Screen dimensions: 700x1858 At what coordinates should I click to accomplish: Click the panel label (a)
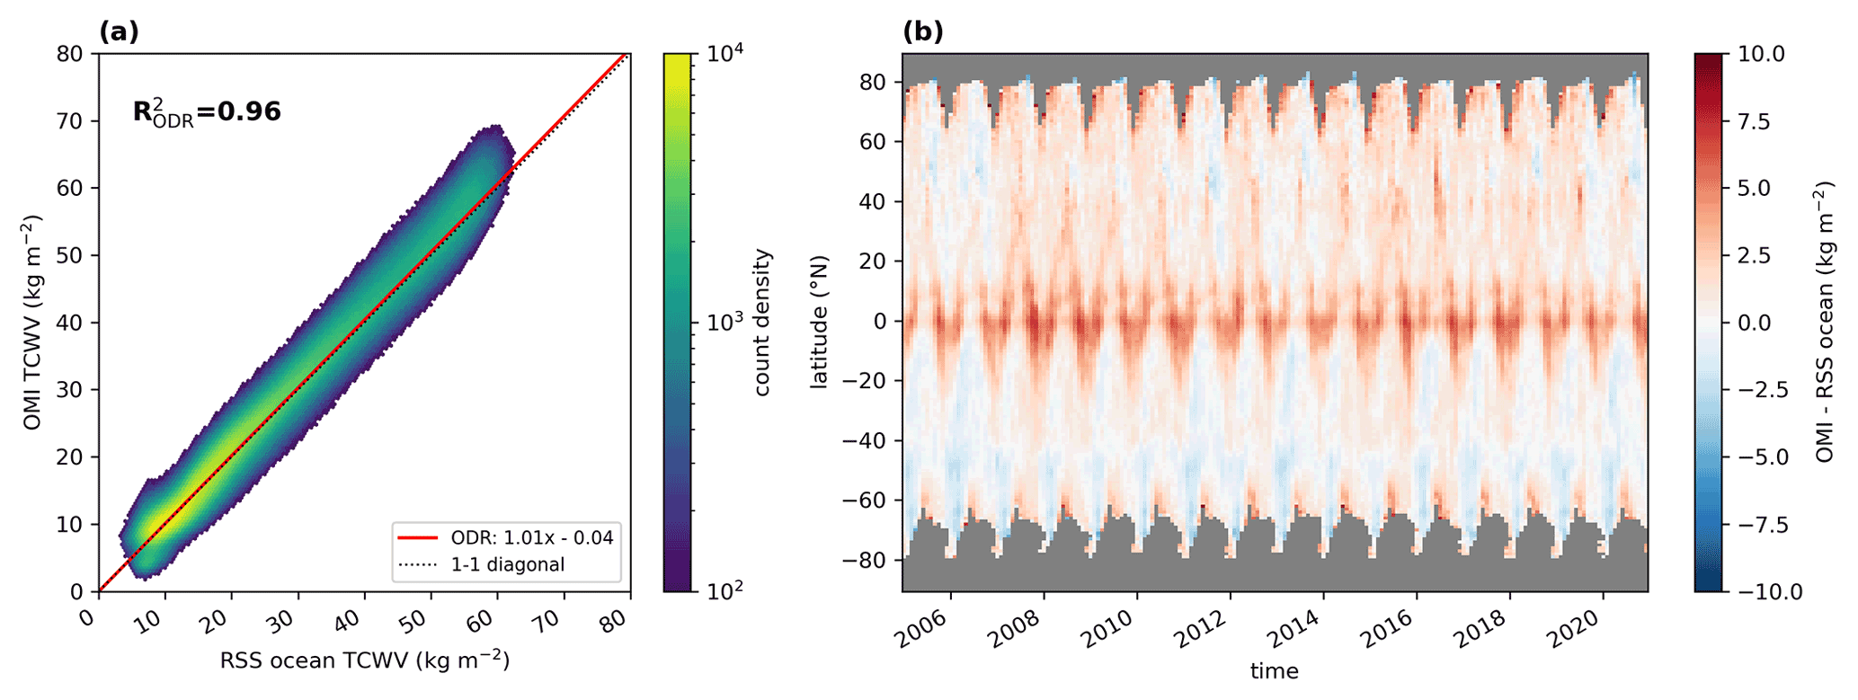point(119,32)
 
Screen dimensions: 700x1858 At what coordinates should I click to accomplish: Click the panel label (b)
point(922,32)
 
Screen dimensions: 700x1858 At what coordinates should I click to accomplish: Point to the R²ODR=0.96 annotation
point(207,112)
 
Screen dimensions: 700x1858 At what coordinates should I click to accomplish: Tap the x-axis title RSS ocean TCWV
point(365,660)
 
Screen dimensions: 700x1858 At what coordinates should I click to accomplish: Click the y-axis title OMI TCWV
point(33,322)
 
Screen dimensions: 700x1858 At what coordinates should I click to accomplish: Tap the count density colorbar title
point(763,322)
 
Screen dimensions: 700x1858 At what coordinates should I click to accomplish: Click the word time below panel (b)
point(1274,670)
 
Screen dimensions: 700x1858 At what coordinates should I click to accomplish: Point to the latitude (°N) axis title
point(819,322)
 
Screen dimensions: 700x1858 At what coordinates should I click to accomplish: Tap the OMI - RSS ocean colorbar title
point(1824,322)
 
